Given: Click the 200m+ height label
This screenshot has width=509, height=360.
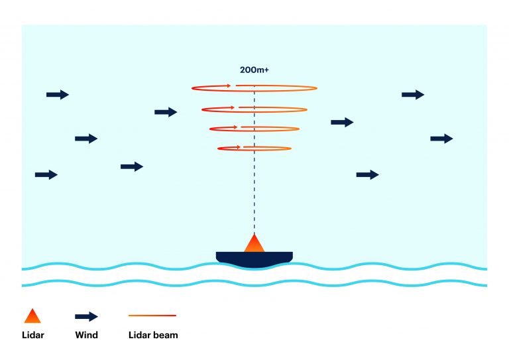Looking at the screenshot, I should (x=254, y=70).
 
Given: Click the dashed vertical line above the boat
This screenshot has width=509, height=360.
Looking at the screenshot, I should (x=254, y=192).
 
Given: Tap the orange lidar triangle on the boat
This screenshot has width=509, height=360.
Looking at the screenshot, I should (x=254, y=245).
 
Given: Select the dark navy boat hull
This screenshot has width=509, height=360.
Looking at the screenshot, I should (x=254, y=259).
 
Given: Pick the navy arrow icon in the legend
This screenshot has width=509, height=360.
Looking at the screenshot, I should (x=86, y=316).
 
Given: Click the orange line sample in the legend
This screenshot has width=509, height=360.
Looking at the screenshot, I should (x=152, y=316).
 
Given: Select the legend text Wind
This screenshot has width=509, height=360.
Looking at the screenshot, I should (x=86, y=335).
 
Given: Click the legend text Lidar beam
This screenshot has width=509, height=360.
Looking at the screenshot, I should (x=153, y=335).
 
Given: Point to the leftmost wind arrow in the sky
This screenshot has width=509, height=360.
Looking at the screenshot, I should (x=46, y=174).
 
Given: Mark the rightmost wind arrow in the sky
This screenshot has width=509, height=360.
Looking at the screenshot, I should (x=441, y=139).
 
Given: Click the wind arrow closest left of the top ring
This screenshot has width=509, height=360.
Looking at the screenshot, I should (x=166, y=112).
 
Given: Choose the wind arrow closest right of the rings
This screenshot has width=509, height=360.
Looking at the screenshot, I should (x=342, y=122).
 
